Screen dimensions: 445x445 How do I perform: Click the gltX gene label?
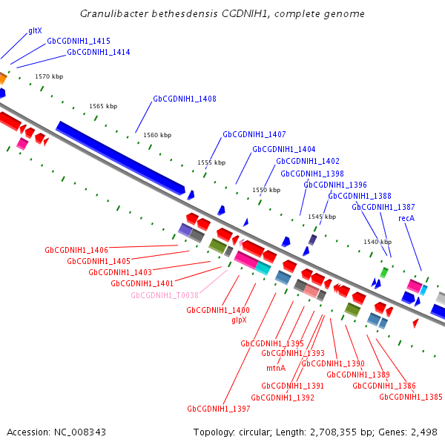click(x=35, y=31)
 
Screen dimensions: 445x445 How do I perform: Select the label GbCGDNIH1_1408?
click(x=185, y=99)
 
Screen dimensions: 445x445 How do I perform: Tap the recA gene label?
click(x=406, y=218)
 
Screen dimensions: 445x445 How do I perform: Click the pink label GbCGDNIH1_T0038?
click(x=165, y=295)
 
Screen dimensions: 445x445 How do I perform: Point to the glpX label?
click(x=240, y=320)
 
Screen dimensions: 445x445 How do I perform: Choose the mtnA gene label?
click(x=276, y=368)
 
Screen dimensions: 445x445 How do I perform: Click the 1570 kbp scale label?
click(x=49, y=76)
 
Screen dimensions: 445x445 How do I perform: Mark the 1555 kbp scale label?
click(x=211, y=162)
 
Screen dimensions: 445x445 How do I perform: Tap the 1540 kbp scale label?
click(x=378, y=242)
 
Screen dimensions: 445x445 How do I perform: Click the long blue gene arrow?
click(x=121, y=159)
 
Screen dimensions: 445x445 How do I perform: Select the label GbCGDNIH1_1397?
click(x=219, y=409)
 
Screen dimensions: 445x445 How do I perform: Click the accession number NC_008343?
click(x=80, y=432)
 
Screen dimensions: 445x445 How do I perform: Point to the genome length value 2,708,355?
click(x=333, y=432)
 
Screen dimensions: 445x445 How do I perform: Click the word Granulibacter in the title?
click(x=114, y=13)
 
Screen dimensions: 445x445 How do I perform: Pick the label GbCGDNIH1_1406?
click(x=76, y=250)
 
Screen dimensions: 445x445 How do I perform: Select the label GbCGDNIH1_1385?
click(x=411, y=397)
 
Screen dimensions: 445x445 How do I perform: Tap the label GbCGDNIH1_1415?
click(x=79, y=41)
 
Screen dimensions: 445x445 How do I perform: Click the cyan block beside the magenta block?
click(x=263, y=268)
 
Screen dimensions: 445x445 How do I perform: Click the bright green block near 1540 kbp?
click(x=384, y=273)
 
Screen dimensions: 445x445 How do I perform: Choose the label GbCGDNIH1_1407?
click(x=254, y=134)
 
